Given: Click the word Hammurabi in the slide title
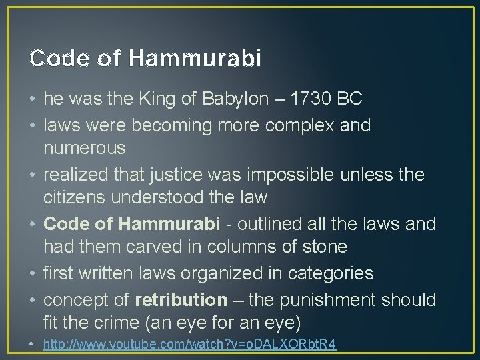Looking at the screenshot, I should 195,59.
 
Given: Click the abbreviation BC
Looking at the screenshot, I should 349,99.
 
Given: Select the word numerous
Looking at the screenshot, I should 84,147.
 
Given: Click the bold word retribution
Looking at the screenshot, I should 181,300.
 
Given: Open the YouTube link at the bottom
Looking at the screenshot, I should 189,345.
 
